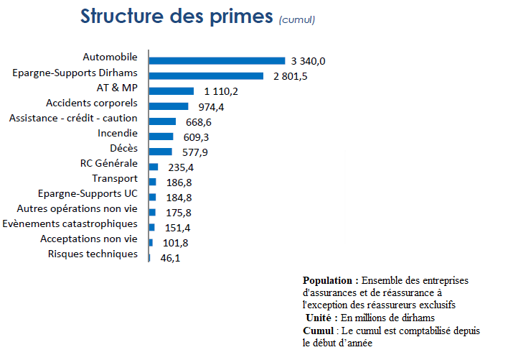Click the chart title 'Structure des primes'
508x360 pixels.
[177, 16]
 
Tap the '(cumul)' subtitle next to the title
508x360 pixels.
[296, 19]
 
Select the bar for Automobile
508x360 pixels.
[217, 60]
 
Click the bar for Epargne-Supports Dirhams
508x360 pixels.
[206, 75]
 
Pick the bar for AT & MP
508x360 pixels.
[171, 91]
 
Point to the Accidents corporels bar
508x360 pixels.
[169, 106]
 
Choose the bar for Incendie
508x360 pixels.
[161, 137]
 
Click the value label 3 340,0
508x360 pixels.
[309, 61]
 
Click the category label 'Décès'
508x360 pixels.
[123, 148]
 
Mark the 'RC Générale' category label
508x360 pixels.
[109, 163]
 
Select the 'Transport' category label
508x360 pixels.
[115, 178]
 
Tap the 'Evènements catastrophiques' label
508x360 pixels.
[70, 223]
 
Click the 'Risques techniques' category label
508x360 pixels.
[93, 254]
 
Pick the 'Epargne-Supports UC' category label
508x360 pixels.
[88, 193]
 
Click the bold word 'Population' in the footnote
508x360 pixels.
[330, 280]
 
